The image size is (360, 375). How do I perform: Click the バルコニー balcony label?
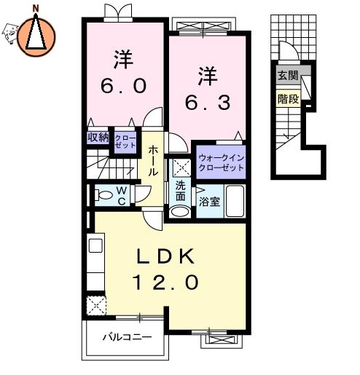(x=126, y=338)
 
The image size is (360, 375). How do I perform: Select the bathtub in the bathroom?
(x=235, y=201)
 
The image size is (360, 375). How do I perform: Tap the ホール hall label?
(x=154, y=161)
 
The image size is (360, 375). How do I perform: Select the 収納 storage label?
(x=98, y=138)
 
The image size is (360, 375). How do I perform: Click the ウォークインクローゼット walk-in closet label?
(x=219, y=161)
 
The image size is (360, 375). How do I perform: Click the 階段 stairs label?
(x=287, y=98)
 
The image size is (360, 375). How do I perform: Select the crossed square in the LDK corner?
(x=95, y=305)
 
